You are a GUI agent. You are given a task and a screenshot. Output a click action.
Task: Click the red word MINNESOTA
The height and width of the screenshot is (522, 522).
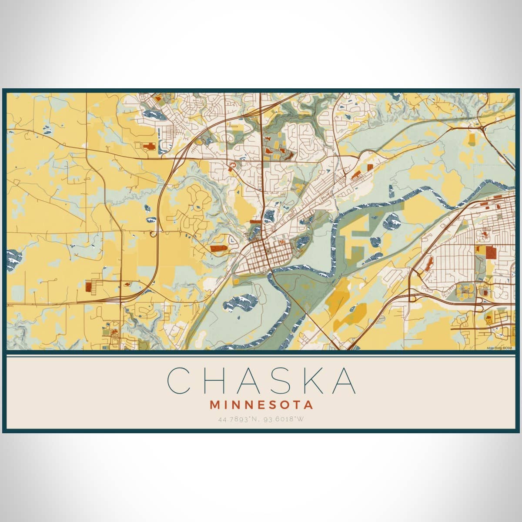click(x=261, y=405)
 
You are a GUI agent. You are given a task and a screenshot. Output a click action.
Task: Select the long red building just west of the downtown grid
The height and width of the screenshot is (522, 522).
click(x=218, y=248)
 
